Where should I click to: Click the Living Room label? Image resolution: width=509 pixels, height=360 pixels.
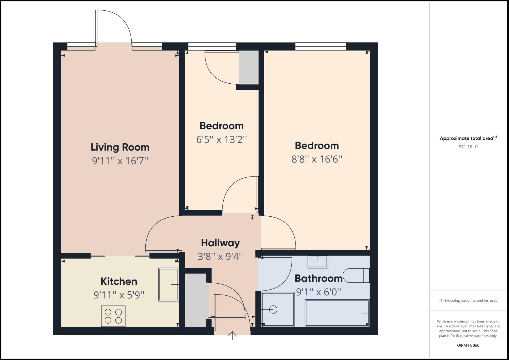click(120, 147)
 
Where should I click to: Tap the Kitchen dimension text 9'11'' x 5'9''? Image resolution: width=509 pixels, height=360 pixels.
click(119, 295)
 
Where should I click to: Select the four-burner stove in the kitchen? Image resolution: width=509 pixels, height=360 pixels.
click(113, 316)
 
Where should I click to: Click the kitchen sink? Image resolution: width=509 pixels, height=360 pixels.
click(168, 284)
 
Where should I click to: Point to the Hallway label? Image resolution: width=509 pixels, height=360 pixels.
click(220, 243)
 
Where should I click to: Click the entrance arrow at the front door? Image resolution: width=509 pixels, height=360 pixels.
click(232, 335)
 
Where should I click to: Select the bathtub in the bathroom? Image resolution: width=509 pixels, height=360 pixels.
click(337, 313)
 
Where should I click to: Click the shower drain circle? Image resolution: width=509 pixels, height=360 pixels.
click(273, 310)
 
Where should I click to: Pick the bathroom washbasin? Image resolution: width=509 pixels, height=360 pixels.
click(318, 261)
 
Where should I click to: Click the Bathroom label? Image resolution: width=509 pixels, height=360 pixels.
click(319, 278)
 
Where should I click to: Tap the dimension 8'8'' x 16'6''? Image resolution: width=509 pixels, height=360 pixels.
click(317, 159)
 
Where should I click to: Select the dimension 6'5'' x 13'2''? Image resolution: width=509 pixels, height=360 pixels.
click(222, 139)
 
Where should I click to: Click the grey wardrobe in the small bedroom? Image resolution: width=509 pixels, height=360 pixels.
click(249, 67)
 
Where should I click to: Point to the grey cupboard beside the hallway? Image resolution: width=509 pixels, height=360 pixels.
click(195, 300)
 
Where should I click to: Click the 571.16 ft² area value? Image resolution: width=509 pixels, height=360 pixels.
click(468, 147)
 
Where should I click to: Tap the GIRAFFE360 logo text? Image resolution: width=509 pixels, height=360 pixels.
click(468, 345)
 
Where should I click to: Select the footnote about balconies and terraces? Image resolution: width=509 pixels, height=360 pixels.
click(468, 300)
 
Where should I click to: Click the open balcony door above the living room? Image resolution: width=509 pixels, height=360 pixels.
click(113, 28)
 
